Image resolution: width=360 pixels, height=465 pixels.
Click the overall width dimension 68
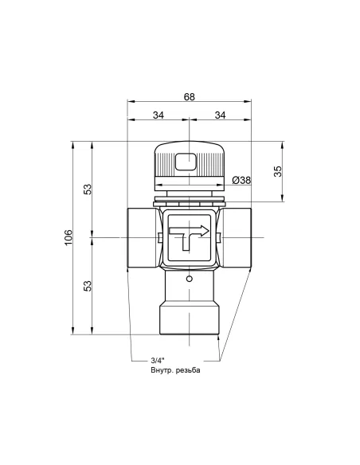click(189, 97)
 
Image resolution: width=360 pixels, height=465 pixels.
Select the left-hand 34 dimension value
click(158, 116)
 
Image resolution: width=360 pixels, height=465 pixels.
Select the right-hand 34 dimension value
click(219, 116)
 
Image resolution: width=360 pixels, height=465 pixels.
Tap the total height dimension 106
click(68, 236)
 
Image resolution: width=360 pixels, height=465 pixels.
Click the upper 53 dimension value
click(88, 189)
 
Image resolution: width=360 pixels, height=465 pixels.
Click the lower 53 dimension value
click(88, 284)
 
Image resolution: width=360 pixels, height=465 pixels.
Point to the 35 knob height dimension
click(278, 171)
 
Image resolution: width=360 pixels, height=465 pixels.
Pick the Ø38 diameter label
click(241, 181)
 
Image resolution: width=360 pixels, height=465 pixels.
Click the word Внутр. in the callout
click(162, 371)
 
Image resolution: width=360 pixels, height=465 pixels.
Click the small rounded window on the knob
click(189, 162)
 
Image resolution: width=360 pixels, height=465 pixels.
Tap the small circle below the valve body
click(189, 279)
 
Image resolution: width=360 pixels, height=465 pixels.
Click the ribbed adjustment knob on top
click(189, 163)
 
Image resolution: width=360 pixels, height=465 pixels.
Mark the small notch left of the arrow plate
click(162, 236)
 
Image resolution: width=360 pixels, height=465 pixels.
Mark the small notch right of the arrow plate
click(217, 236)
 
